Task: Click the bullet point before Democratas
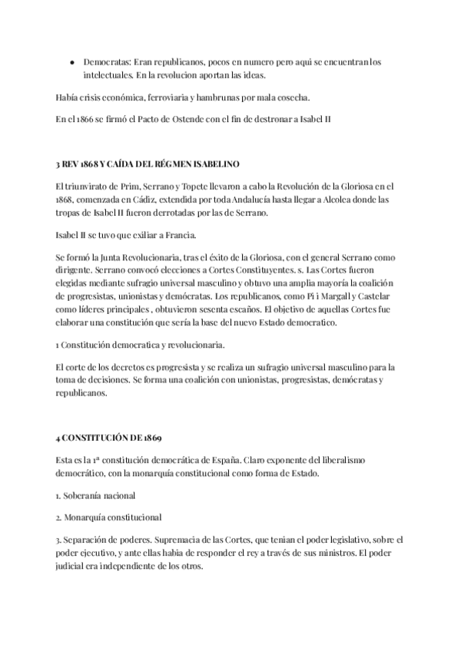tap(71, 61)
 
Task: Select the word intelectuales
tap(108, 75)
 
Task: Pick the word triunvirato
tap(88, 187)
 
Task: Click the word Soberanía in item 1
tap(87, 495)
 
